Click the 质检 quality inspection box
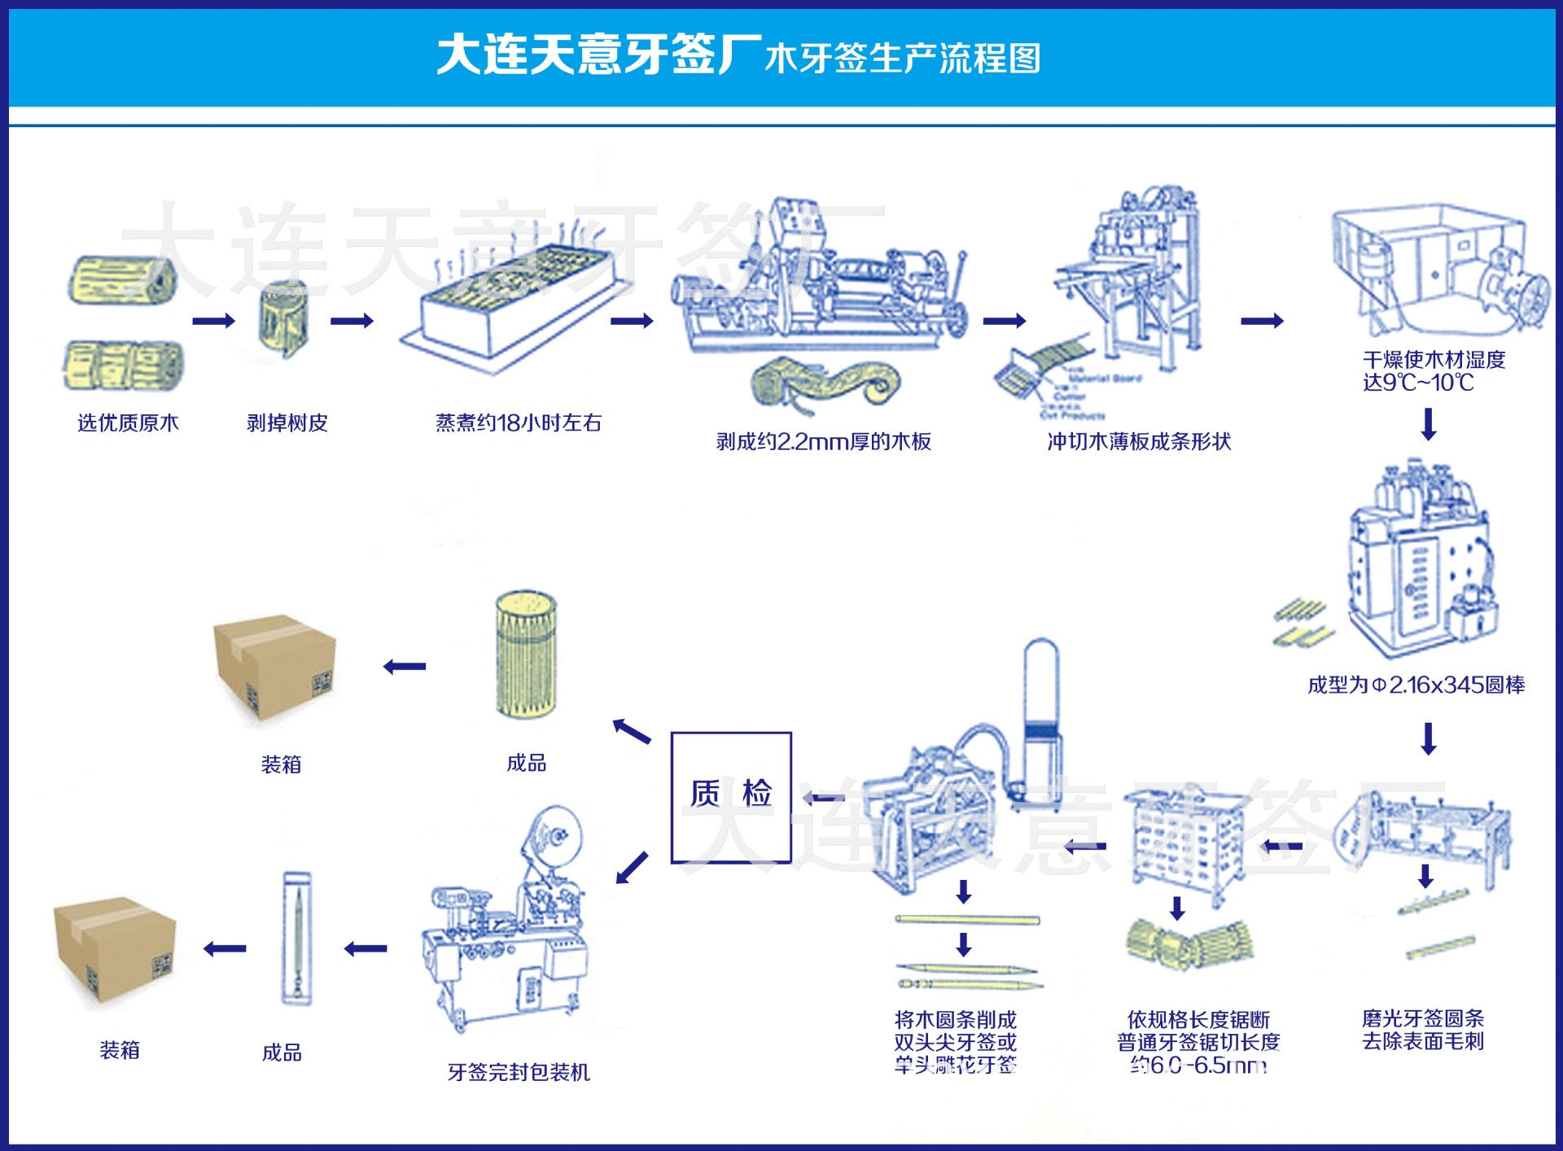[x=730, y=797]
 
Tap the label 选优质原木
[x=128, y=422]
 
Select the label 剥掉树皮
[x=287, y=422]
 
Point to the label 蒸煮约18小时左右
[x=518, y=422]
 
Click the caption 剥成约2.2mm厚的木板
[x=823, y=441]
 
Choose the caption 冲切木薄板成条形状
[x=1138, y=441]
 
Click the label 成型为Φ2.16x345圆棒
[x=1416, y=685]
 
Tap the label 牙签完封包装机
[x=519, y=1072]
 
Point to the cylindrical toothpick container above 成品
[x=526, y=654]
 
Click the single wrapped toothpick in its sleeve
[x=297, y=938]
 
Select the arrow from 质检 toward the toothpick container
[x=632, y=731]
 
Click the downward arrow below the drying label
[x=1428, y=424]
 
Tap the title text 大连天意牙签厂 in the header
[x=598, y=55]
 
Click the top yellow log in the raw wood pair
[x=123, y=280]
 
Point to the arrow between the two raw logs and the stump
[x=213, y=321]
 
